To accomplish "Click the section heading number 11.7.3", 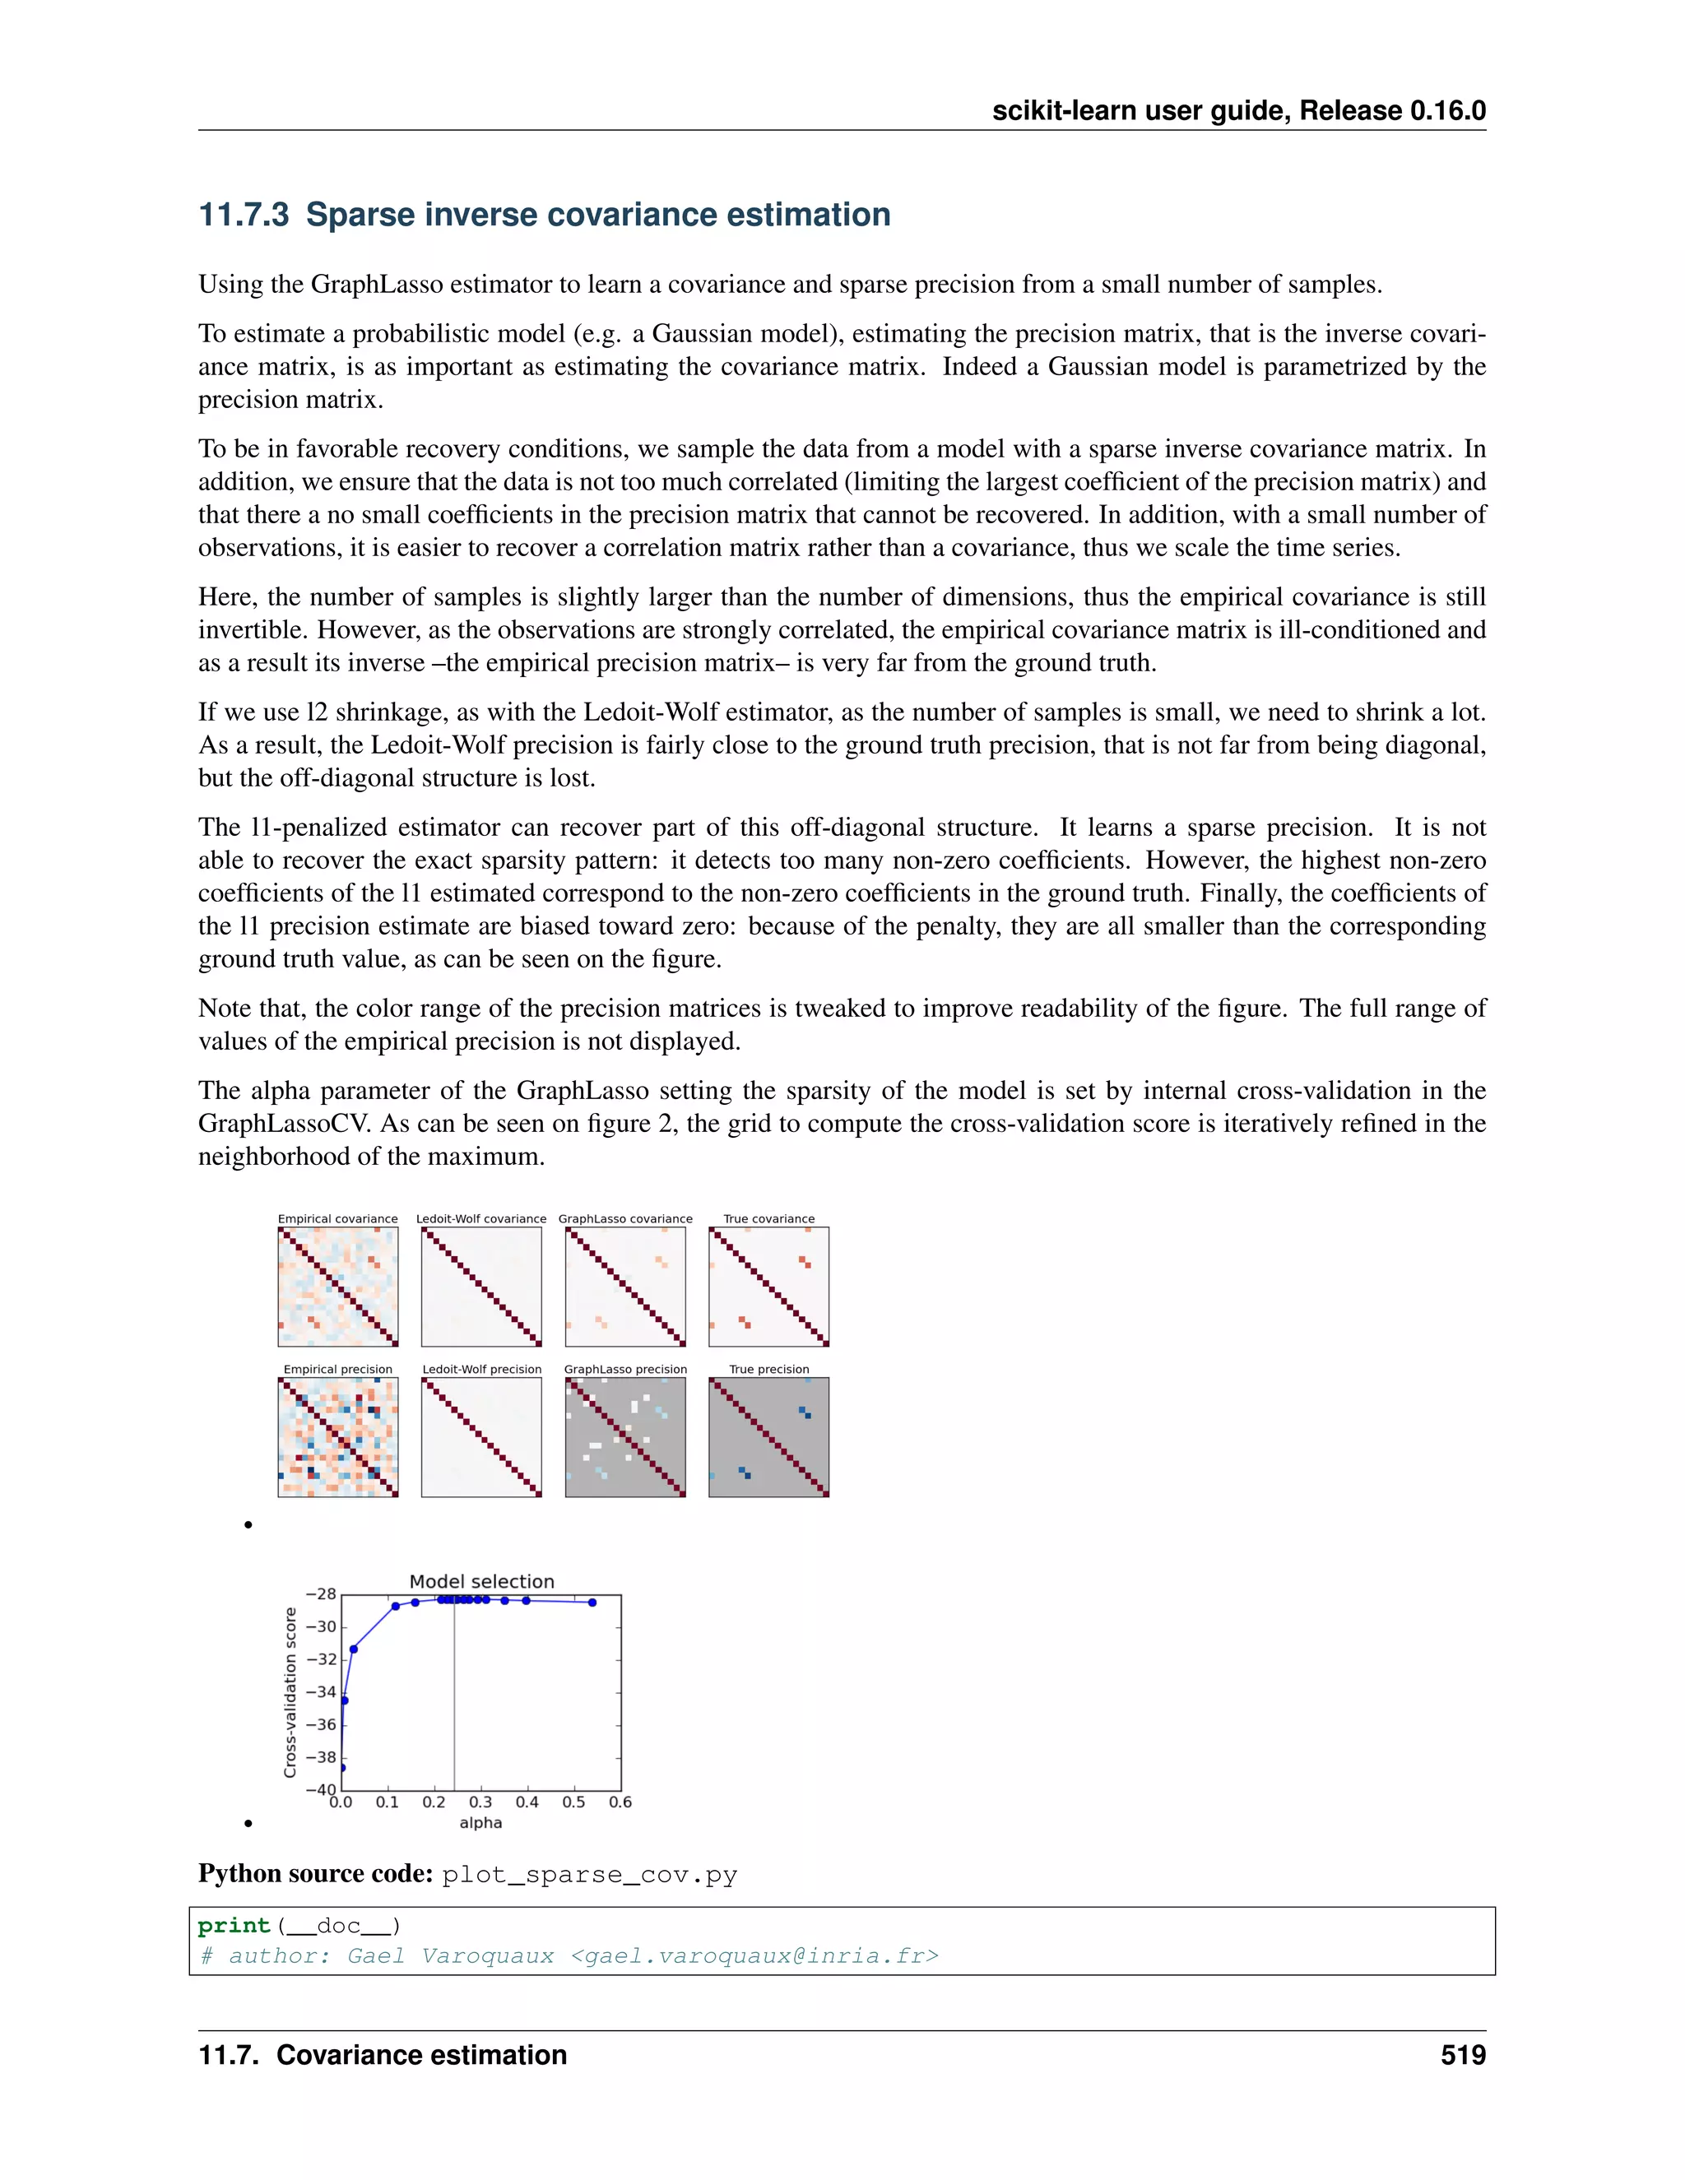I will (244, 215).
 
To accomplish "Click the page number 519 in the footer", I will (1462, 2055).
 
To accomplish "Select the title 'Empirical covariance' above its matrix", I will (337, 1219).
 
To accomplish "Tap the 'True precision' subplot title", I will (768, 1370).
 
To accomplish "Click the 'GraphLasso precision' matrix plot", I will (625, 1437).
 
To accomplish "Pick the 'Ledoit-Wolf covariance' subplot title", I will (481, 1219).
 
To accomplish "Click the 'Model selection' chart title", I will (481, 1581).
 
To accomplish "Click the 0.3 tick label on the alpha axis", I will (480, 1802).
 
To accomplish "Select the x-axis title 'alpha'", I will (480, 1823).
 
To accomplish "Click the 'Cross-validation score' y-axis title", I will (290, 1692).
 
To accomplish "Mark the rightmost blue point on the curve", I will (592, 1602).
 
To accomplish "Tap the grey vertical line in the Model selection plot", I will (454, 1697).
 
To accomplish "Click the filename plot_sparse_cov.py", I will (589, 1875).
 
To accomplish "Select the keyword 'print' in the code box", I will (234, 1926).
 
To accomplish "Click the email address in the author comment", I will (754, 1955).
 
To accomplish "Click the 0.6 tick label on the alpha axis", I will (620, 1802).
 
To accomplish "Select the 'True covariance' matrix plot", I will (768, 1287).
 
